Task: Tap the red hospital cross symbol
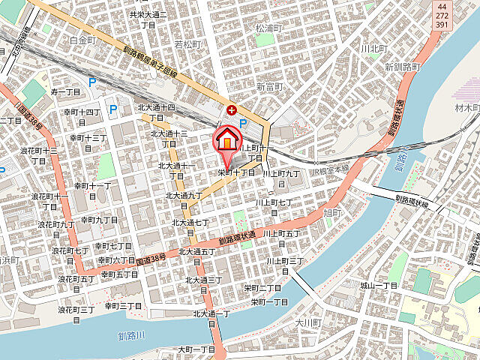pos(231,110)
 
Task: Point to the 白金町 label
pos(82,40)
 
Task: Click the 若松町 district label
pos(189,45)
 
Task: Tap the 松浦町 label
pos(268,28)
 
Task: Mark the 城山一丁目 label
pos(377,286)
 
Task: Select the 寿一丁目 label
pos(65,91)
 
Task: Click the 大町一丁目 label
pos(196,349)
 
